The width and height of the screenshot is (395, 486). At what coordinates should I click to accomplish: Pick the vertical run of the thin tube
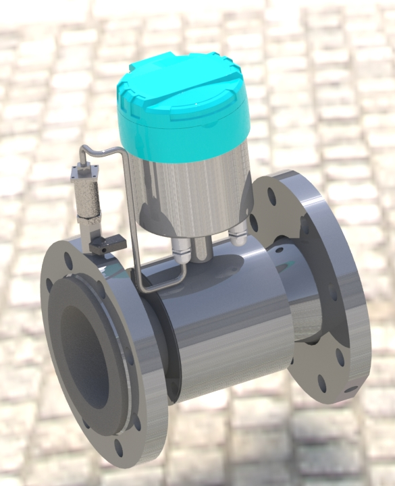(x=132, y=216)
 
